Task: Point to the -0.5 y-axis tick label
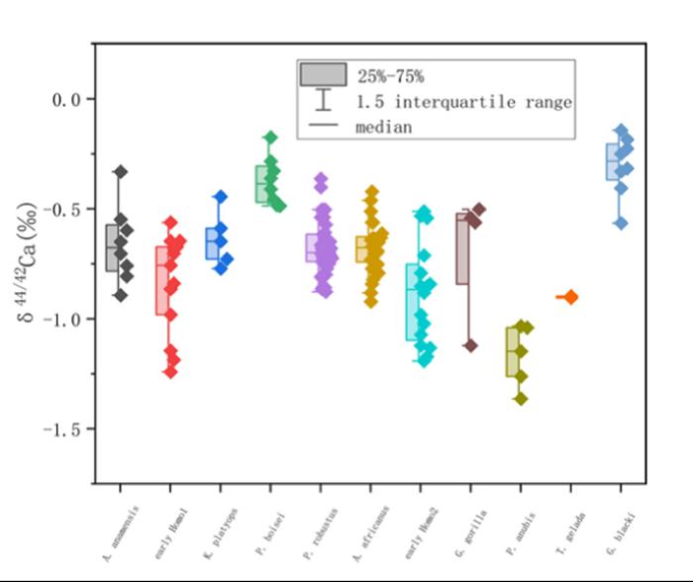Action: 63,209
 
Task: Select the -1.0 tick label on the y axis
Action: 63,319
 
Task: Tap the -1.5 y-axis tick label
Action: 63,429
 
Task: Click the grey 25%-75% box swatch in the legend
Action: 323,75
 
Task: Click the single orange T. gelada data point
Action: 570,297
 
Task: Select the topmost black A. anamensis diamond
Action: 121,172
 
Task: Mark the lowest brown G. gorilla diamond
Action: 470,345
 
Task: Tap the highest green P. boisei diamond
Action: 270,138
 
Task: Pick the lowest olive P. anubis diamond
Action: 521,399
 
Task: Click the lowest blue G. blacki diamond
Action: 621,224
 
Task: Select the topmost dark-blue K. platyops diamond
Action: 221,197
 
